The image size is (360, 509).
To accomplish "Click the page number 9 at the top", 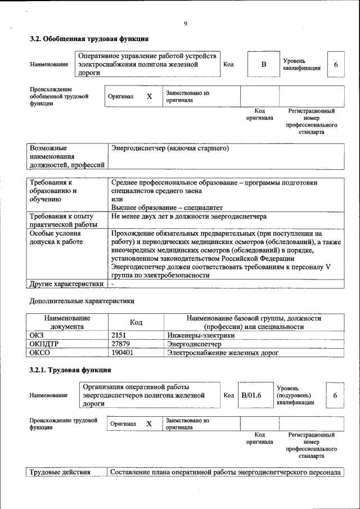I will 185,23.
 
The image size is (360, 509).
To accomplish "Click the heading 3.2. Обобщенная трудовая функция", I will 89,39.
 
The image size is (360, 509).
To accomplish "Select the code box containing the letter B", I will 263,65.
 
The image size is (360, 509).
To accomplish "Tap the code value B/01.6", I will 251,395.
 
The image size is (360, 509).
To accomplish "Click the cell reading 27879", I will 122,344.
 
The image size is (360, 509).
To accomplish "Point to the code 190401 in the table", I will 123,353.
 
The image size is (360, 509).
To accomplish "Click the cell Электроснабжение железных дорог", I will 222,353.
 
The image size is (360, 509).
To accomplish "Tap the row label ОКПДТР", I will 44,344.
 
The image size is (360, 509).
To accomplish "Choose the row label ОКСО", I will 40,353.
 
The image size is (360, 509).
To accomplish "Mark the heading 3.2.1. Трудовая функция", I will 70,370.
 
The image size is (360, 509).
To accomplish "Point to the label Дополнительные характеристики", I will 82,301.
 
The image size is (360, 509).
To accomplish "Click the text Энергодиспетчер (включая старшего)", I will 170,148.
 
